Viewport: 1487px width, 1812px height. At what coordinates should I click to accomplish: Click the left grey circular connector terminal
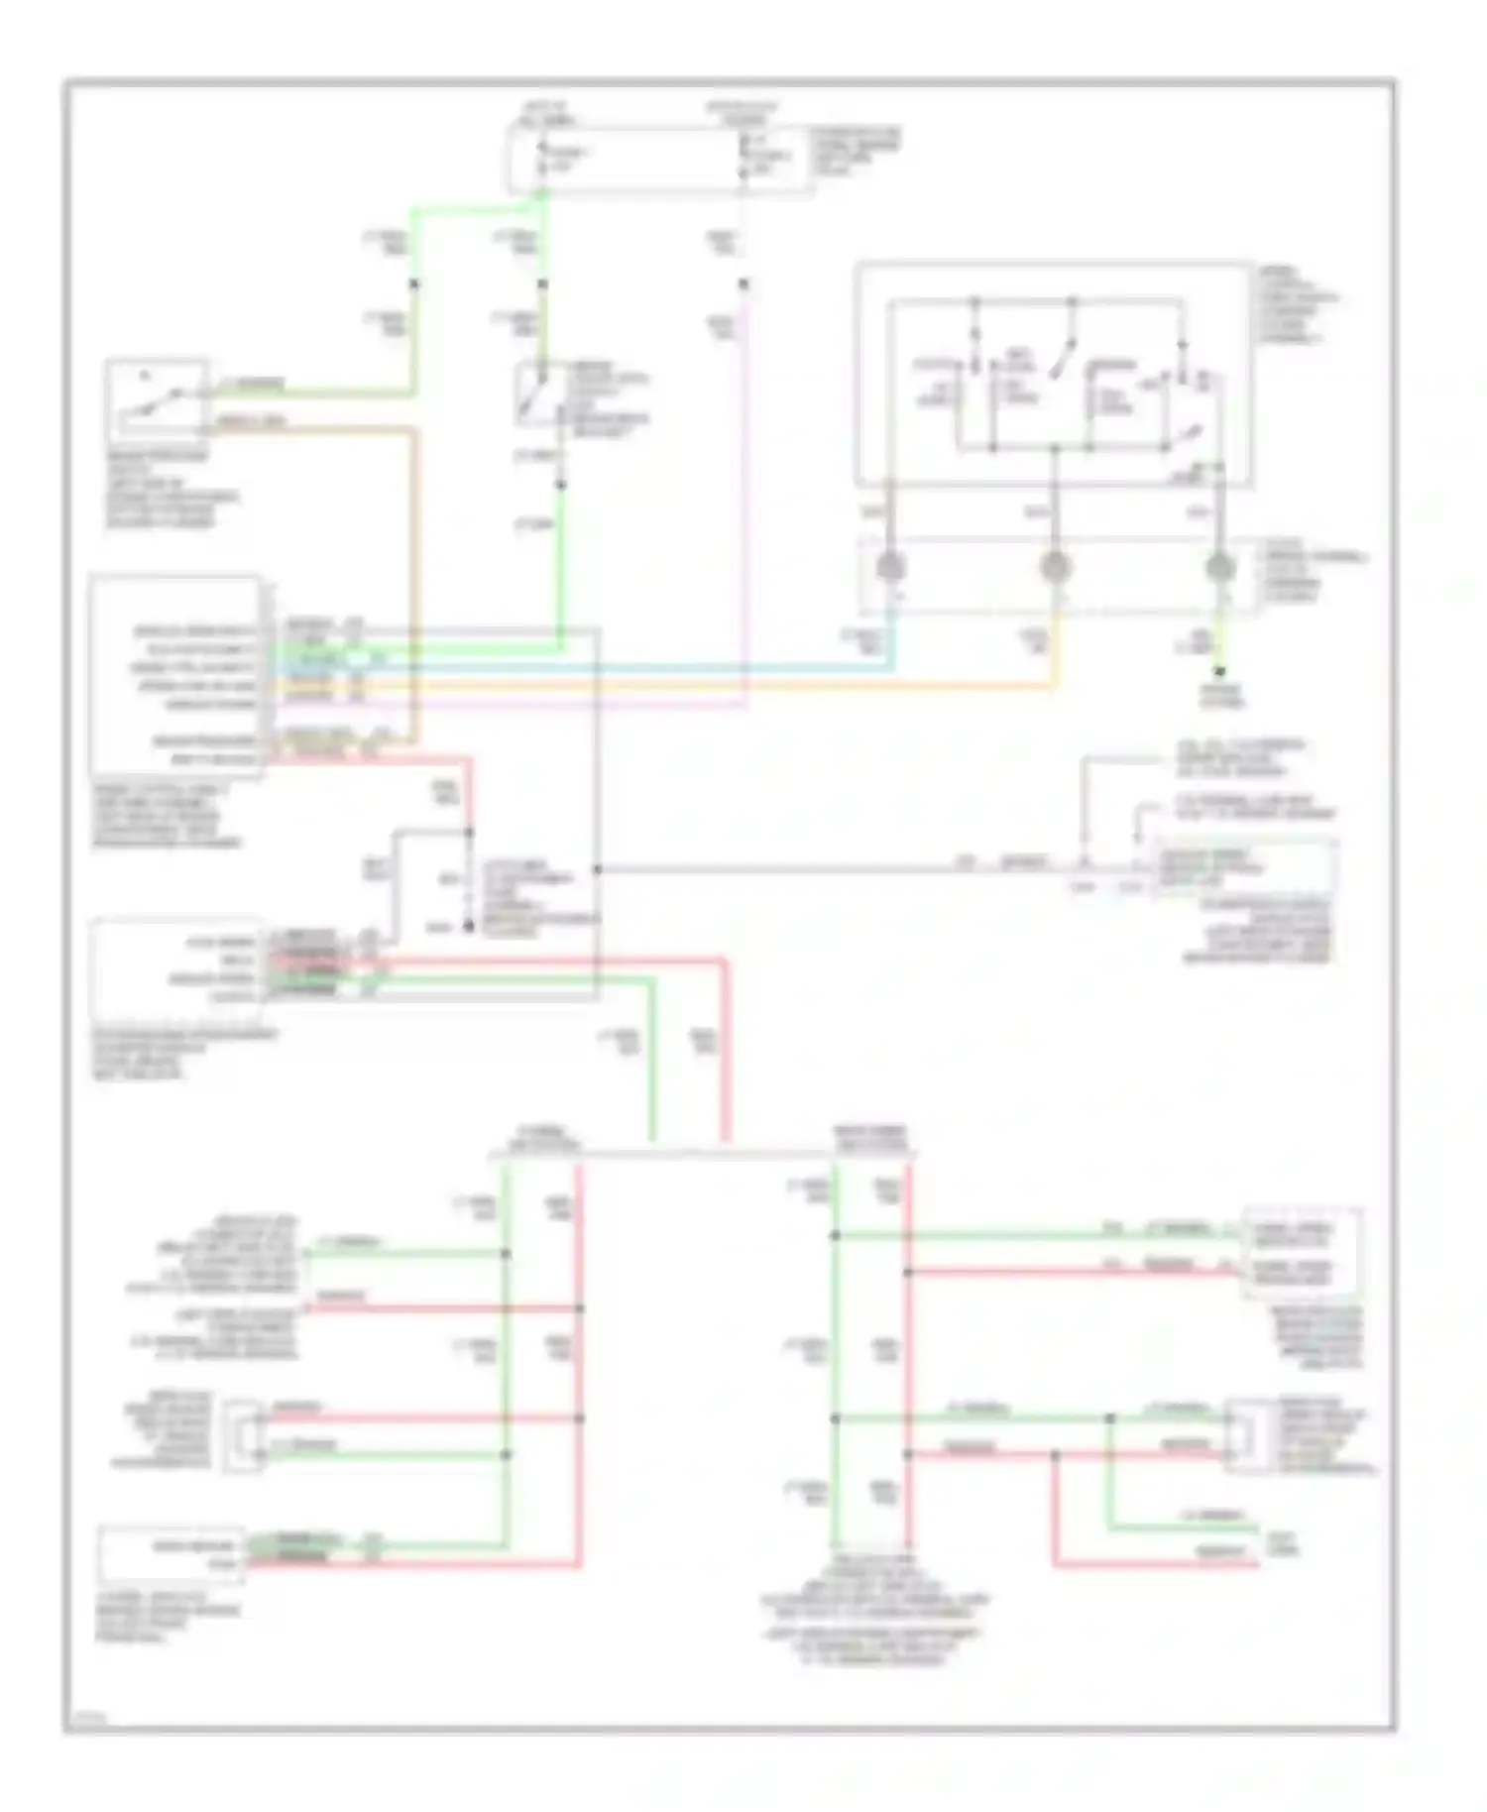(x=890, y=567)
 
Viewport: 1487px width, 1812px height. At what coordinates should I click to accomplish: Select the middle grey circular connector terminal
(x=1055, y=567)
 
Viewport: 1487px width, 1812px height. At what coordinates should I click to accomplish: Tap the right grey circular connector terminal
(x=1219, y=567)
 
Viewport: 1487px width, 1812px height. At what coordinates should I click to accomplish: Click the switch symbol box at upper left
(x=157, y=398)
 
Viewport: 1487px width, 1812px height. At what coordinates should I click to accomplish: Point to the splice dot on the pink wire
(x=743, y=284)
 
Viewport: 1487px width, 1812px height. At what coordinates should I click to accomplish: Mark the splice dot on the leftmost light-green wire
(x=414, y=284)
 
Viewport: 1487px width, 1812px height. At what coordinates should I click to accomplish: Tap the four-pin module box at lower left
(x=176, y=960)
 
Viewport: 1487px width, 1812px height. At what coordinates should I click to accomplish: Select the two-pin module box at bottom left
(x=171, y=1554)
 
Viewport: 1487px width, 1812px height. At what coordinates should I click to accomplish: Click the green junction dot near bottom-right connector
(x=1110, y=1418)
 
